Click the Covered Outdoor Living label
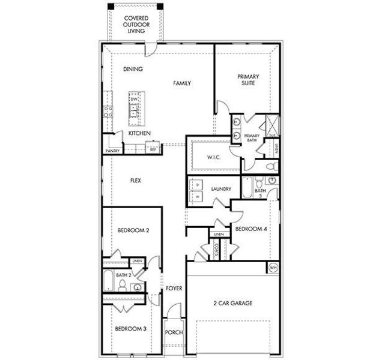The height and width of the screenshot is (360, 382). [x=136, y=25]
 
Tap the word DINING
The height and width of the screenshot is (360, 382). [x=133, y=69]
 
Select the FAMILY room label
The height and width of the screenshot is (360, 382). [x=182, y=83]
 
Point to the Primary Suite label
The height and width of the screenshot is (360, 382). [x=246, y=80]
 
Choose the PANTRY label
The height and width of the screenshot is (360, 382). [x=112, y=151]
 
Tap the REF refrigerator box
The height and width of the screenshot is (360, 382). [x=153, y=149]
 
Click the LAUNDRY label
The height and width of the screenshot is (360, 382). [x=221, y=189]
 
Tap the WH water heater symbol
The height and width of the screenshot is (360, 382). [x=273, y=268]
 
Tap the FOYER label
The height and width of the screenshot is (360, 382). [x=174, y=289]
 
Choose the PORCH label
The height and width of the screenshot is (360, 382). [x=174, y=332]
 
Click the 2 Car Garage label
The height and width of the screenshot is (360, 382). [x=232, y=303]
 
